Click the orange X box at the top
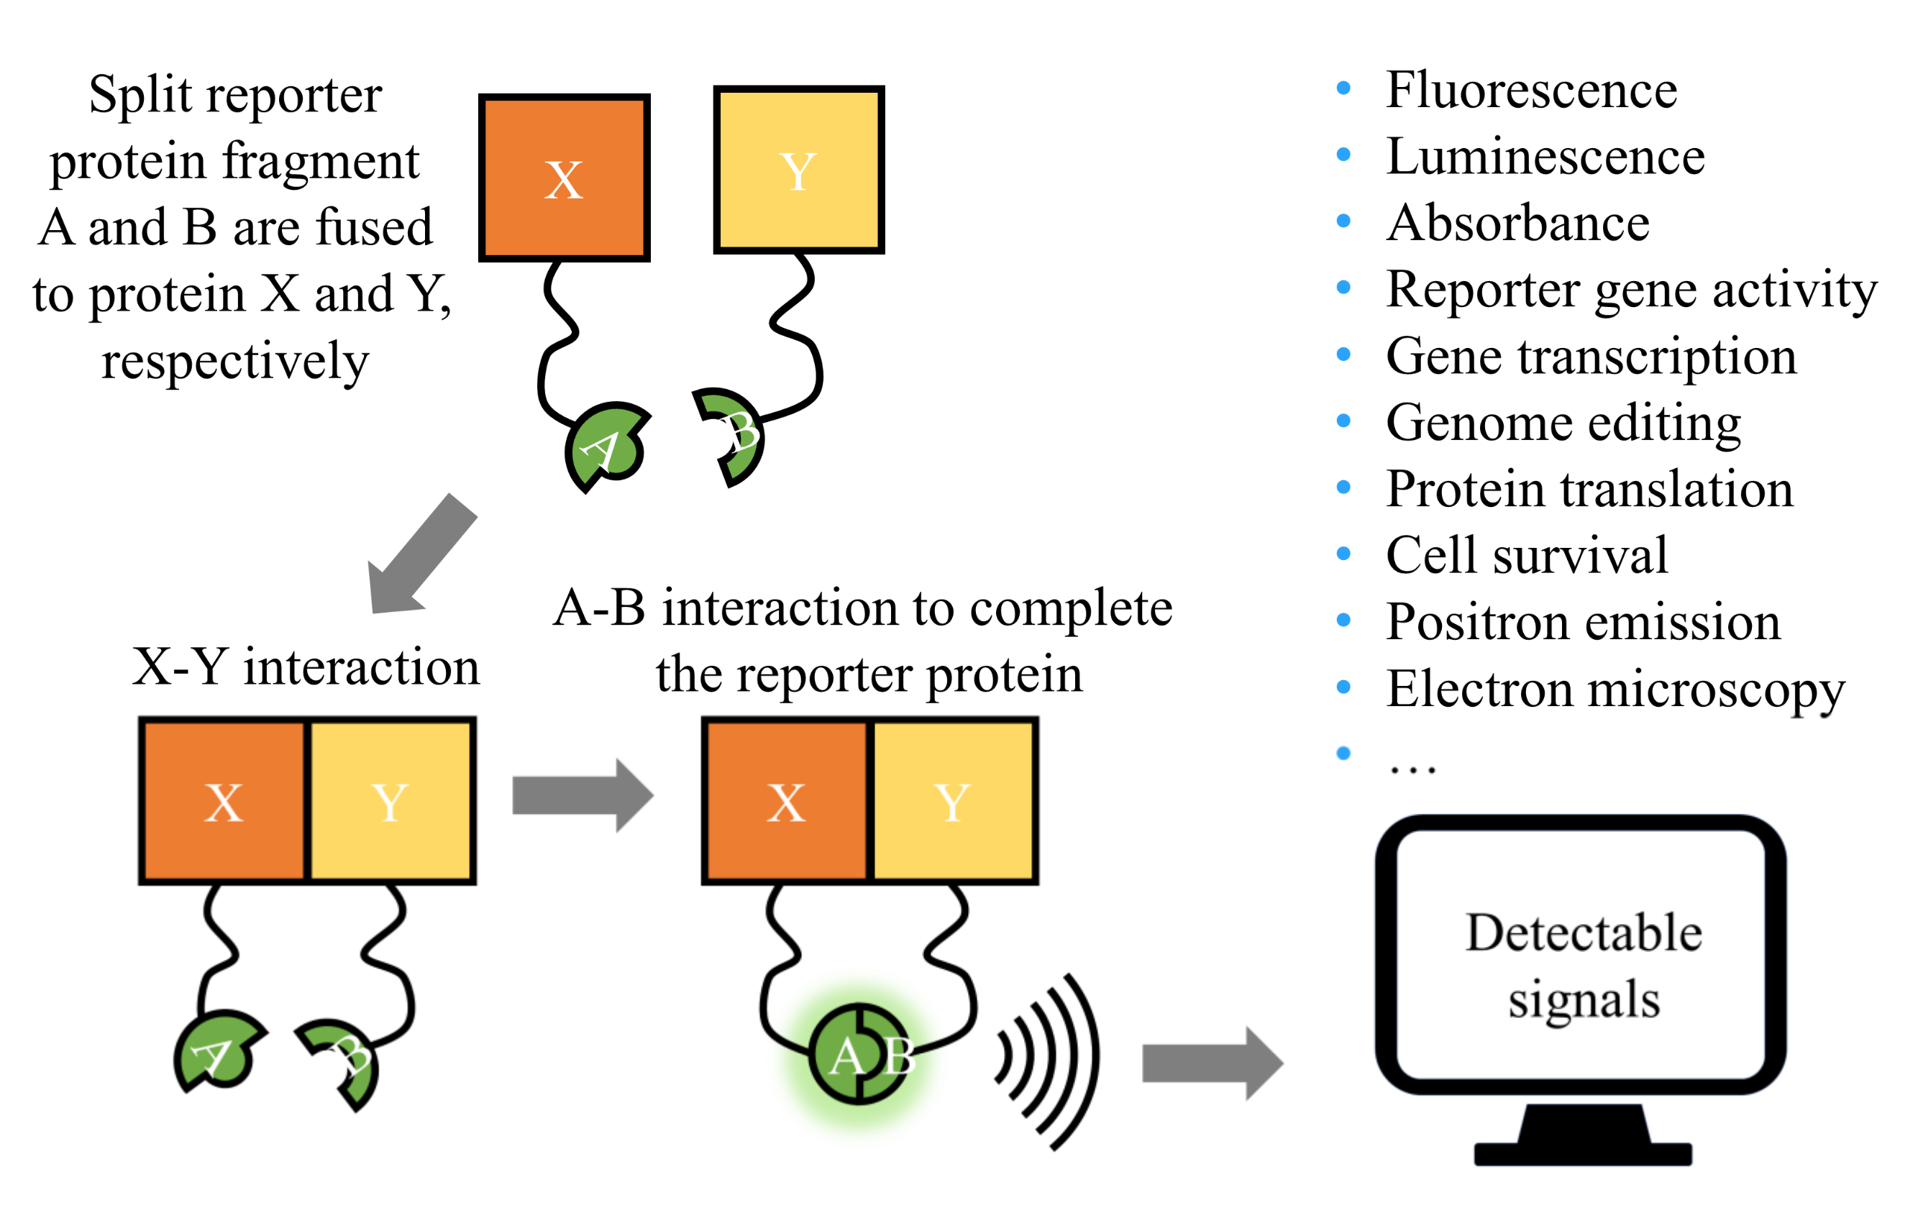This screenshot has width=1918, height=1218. click(x=564, y=178)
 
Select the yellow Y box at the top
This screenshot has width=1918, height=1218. click(x=799, y=170)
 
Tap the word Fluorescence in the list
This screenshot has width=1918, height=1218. click(x=1531, y=89)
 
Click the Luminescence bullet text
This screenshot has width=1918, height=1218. click(x=1545, y=156)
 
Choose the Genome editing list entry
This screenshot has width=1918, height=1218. click(x=1563, y=423)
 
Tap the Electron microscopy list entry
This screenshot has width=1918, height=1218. click(x=1615, y=690)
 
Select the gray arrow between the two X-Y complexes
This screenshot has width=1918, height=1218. click(x=583, y=795)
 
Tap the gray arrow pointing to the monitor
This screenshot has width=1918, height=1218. click(x=1213, y=1063)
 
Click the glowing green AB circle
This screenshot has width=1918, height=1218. click(x=859, y=1053)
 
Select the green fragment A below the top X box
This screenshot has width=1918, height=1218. click(x=605, y=446)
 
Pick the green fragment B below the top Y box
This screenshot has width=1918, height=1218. click(x=729, y=436)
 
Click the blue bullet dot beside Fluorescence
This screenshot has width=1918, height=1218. click(x=1343, y=88)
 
